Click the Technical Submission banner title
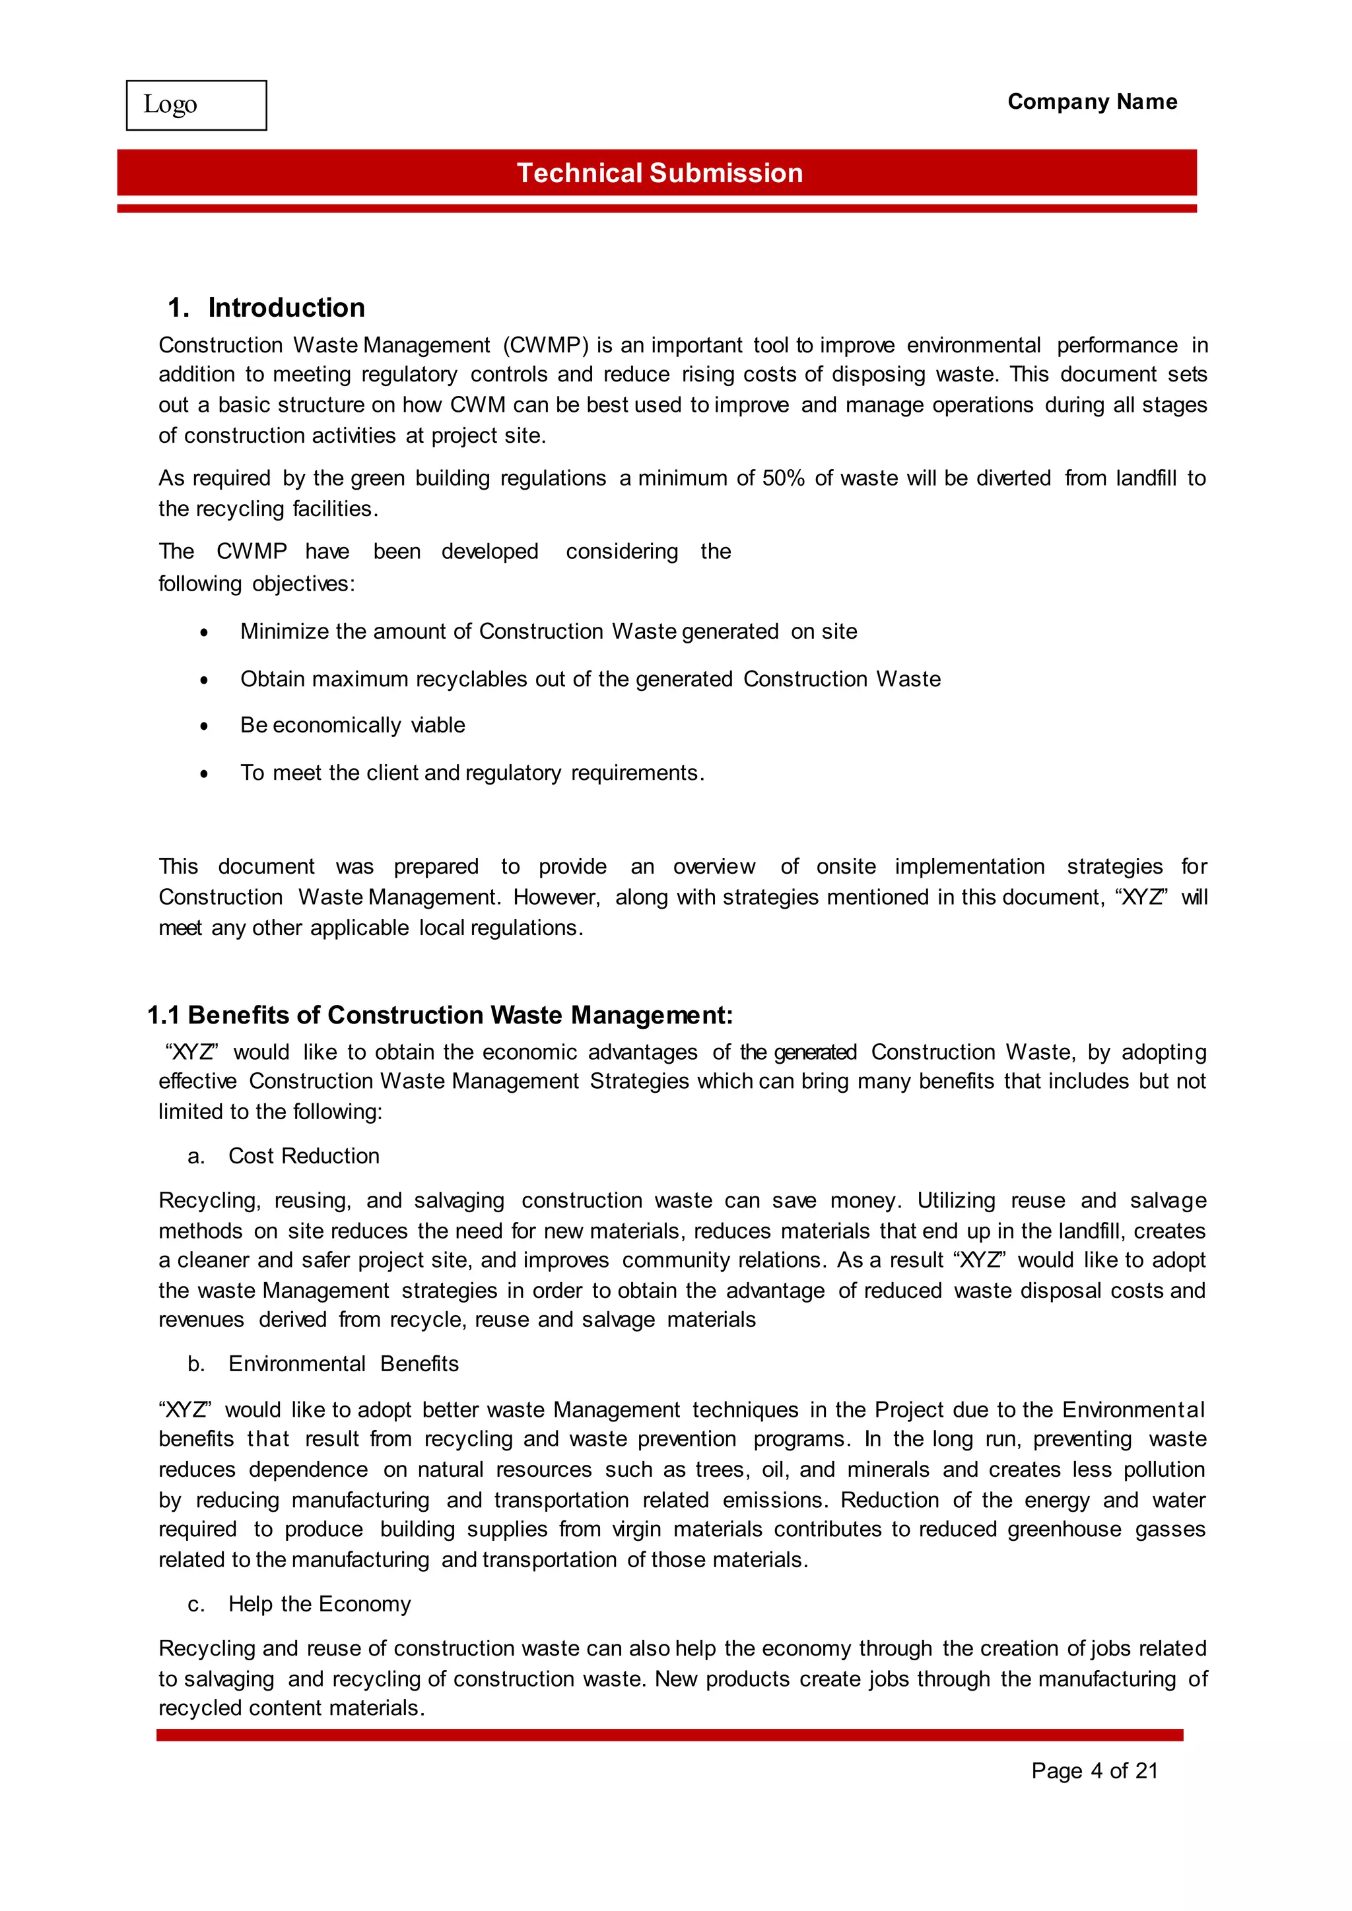[x=659, y=173]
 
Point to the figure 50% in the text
[x=782, y=478]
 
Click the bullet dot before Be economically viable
[x=204, y=727]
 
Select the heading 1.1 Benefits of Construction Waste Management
[x=440, y=1015]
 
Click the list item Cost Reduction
[x=303, y=1155]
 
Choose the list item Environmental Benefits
[x=343, y=1363]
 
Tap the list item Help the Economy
[x=319, y=1604]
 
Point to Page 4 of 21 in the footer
[x=1094, y=1770]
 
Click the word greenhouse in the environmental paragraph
[x=1064, y=1529]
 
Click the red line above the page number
[x=669, y=1735]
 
